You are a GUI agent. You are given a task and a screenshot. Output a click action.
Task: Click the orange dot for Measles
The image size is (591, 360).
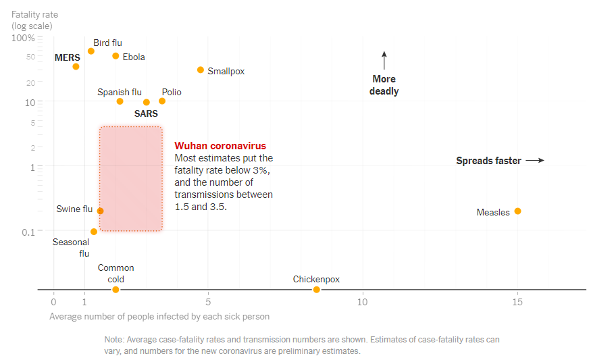(518, 211)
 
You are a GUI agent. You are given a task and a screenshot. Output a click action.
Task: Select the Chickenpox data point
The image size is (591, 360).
(317, 290)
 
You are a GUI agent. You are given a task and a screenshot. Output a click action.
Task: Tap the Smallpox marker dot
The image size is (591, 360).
(201, 70)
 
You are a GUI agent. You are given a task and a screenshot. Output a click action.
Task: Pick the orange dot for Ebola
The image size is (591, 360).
(115, 56)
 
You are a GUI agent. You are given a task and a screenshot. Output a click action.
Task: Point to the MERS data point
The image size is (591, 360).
(76, 66)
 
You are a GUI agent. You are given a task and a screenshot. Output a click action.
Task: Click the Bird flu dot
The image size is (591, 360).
(91, 51)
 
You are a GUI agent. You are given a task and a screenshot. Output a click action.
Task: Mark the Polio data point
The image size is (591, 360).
(162, 101)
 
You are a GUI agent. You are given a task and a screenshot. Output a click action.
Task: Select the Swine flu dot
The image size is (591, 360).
(101, 211)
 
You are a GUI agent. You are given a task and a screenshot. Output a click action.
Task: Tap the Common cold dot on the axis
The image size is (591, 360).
(115, 290)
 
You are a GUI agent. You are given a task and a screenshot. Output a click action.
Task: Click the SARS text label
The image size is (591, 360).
(146, 113)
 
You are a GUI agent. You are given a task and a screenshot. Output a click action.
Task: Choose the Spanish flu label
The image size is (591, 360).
(120, 92)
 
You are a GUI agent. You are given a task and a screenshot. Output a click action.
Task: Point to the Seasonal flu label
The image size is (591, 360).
(72, 248)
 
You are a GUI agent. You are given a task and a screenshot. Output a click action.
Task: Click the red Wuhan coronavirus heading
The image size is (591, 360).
(220, 146)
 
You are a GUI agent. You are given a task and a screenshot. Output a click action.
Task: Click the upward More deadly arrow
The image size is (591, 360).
(384, 61)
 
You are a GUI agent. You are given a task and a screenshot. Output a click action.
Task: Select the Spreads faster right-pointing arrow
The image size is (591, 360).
(535, 161)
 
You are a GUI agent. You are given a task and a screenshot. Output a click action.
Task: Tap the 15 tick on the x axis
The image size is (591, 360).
(517, 301)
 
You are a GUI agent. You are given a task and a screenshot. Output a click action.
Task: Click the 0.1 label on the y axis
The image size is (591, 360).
(28, 232)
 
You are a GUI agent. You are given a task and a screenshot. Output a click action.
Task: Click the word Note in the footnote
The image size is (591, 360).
(114, 340)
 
